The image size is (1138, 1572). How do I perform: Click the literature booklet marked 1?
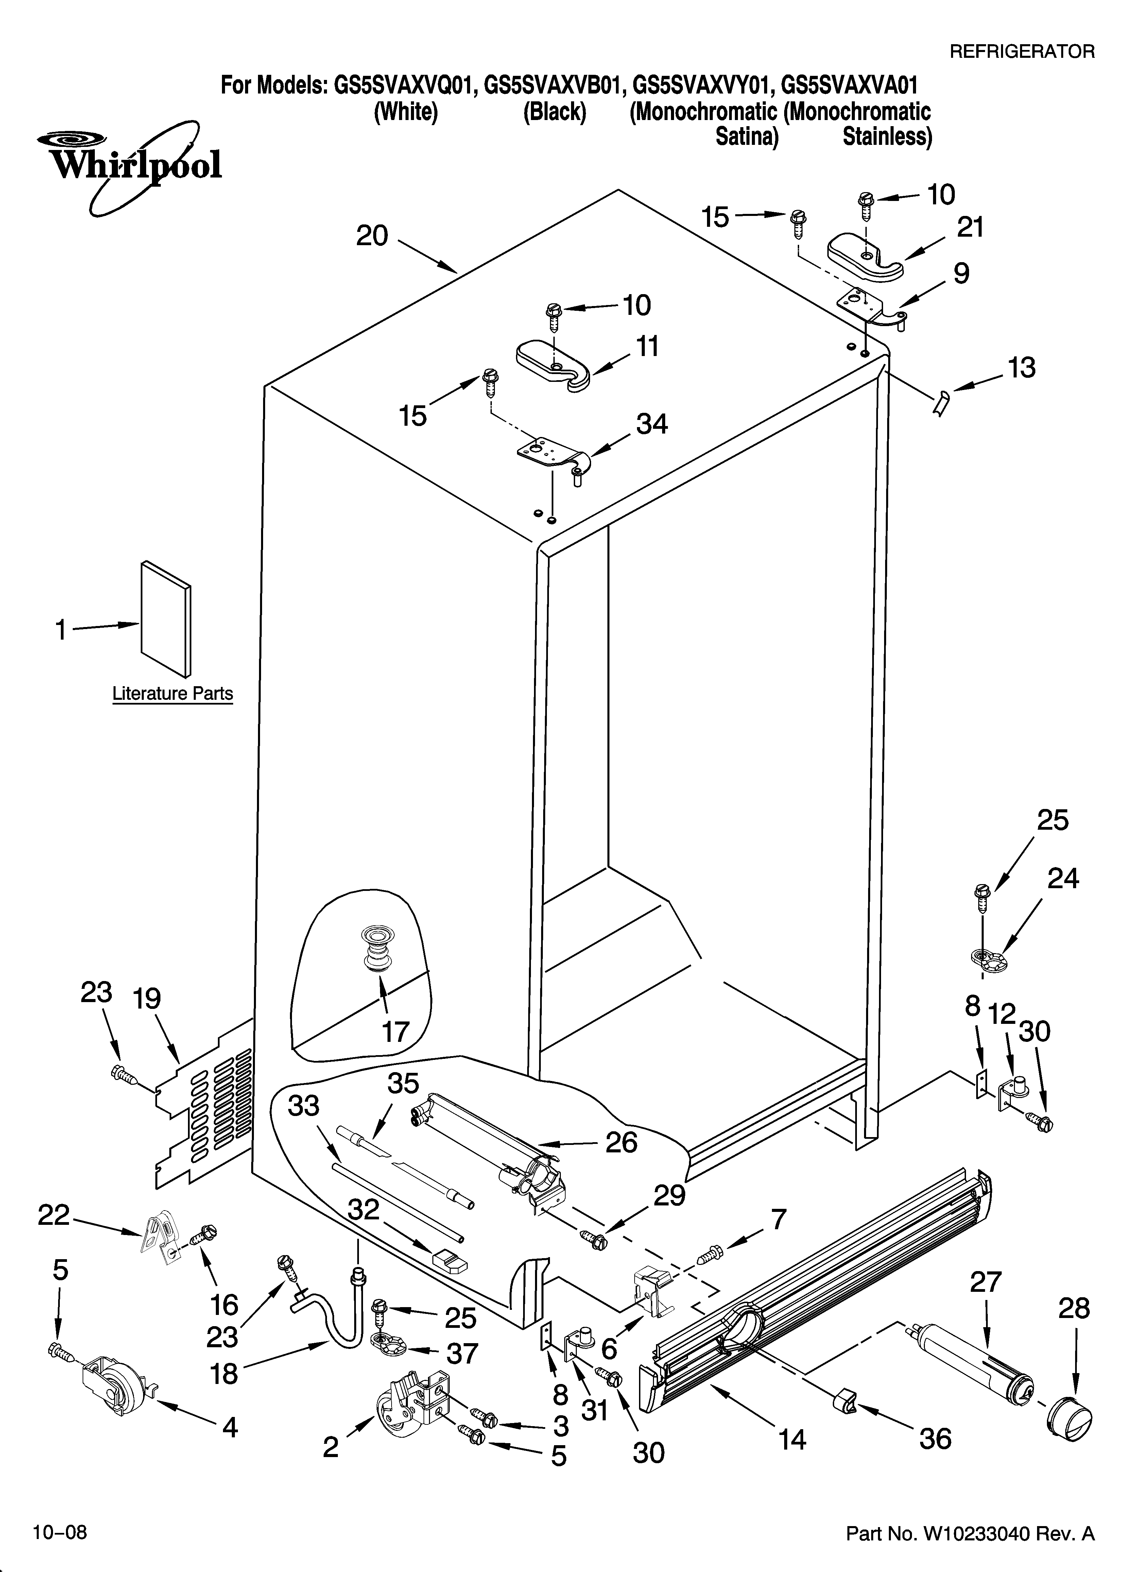(x=166, y=618)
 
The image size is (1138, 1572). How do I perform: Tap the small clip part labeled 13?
(x=941, y=403)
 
